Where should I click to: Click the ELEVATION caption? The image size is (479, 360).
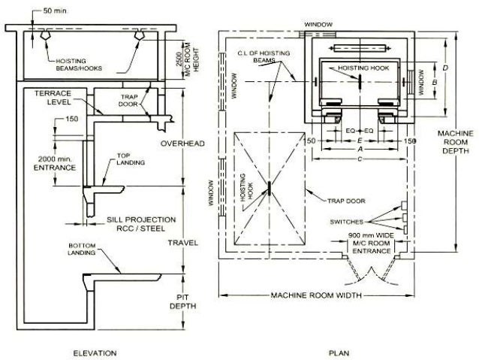coord(95,353)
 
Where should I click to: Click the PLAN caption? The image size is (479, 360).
coord(339,353)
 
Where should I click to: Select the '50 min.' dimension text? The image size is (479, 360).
coord(56,11)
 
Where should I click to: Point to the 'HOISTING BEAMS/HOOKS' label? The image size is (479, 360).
coord(79,65)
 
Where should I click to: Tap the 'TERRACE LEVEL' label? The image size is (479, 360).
coord(53,98)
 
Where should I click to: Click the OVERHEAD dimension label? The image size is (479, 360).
coord(182,144)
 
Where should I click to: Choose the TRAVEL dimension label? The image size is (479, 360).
coord(182,243)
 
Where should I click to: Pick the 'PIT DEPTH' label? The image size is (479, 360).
coord(182,301)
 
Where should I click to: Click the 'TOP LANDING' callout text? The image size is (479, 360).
coord(131,159)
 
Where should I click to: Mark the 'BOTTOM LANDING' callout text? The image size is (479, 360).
coord(82,249)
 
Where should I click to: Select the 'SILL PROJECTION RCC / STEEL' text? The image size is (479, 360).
coord(141,224)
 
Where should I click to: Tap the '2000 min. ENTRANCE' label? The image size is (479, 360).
coord(55,163)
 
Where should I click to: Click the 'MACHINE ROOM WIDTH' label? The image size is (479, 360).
coord(316,295)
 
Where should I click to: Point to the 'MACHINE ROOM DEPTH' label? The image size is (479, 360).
coord(456,142)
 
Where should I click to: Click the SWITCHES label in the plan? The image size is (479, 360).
coord(346,222)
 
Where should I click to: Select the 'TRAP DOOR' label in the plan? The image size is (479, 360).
coord(346,201)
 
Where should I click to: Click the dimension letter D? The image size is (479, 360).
coord(445,68)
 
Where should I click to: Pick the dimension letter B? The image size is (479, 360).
coord(435,82)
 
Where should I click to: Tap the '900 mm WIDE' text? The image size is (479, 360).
coord(371,235)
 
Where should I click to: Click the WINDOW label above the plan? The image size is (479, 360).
coord(318,25)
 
